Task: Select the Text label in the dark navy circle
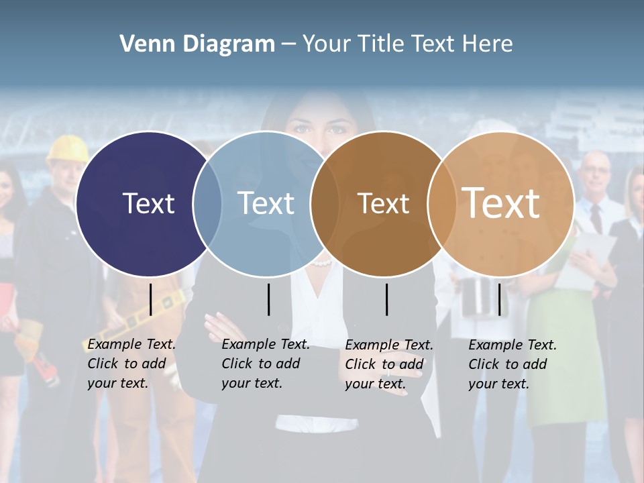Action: (148, 203)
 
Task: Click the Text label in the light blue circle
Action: (266, 203)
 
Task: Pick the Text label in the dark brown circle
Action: (383, 203)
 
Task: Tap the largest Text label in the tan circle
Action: (500, 203)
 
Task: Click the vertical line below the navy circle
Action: (151, 299)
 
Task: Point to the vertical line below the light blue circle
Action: (268, 299)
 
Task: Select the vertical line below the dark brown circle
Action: (387, 299)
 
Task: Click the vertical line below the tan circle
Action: (499, 299)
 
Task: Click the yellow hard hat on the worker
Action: (67, 148)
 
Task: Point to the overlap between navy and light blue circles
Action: (207, 203)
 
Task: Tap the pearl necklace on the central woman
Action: (322, 263)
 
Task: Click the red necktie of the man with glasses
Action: (596, 217)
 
